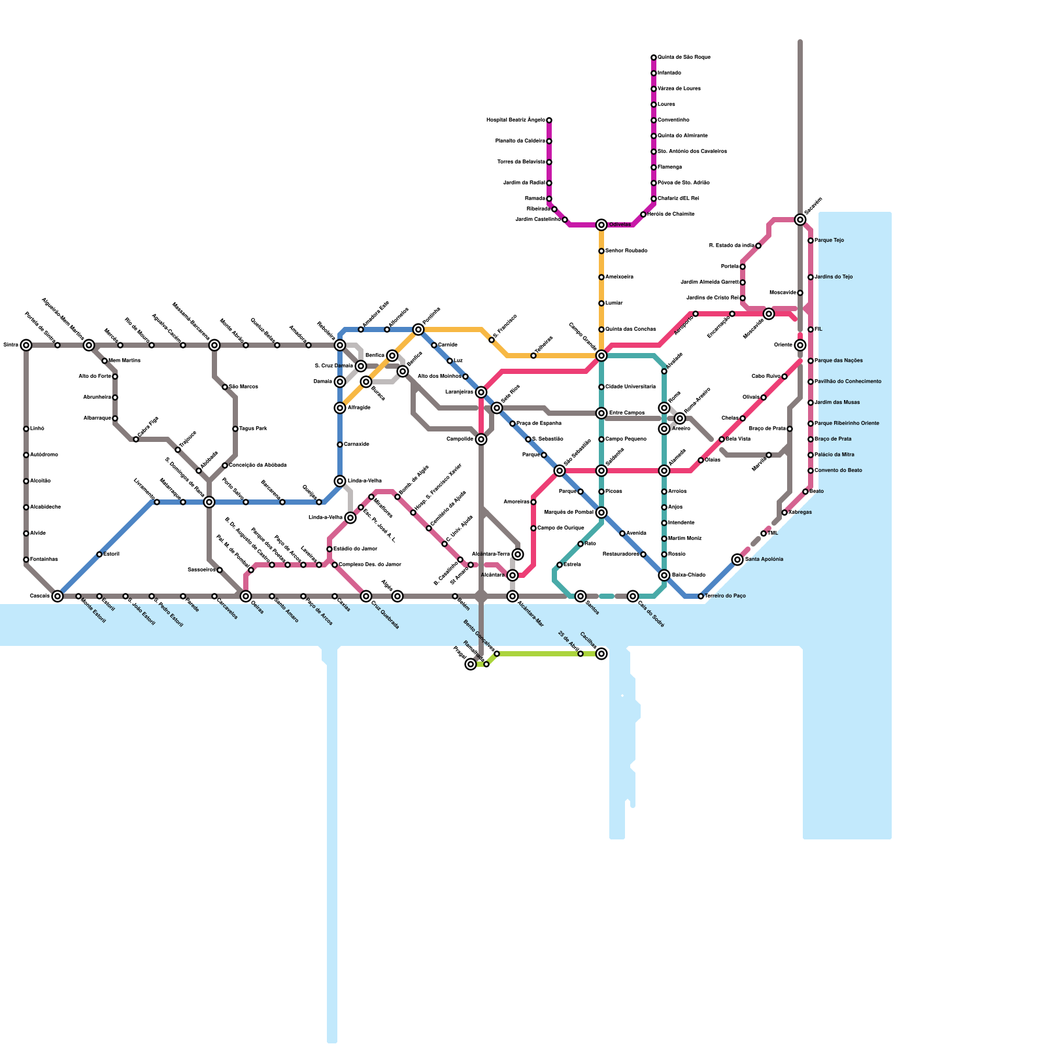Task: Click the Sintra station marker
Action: point(26,345)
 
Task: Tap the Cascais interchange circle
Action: point(58,596)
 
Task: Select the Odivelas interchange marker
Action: point(601,225)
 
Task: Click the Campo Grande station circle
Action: point(601,356)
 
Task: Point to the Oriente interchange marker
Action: point(800,345)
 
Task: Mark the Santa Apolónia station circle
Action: point(737,560)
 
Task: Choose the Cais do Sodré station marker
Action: point(633,596)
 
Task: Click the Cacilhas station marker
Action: point(601,654)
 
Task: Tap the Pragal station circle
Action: point(471,664)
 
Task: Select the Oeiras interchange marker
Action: point(246,596)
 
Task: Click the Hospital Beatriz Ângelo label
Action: point(516,120)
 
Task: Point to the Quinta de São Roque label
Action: point(684,58)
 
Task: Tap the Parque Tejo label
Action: point(829,241)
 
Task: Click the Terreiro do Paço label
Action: point(725,596)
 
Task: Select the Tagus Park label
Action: point(253,429)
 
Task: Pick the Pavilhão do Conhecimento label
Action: point(848,382)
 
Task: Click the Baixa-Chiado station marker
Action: point(664,575)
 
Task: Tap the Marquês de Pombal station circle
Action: point(601,513)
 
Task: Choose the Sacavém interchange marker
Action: point(800,220)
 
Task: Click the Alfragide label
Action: point(359,408)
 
